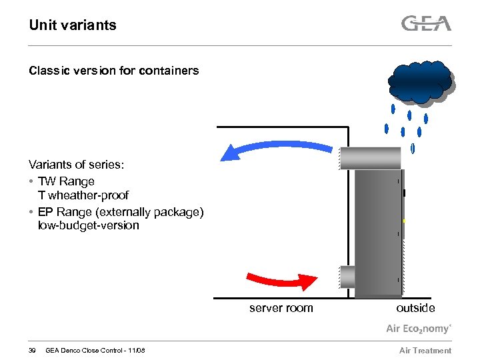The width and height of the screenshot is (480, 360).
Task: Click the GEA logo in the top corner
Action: [426, 24]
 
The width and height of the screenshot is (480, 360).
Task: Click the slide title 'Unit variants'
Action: [73, 25]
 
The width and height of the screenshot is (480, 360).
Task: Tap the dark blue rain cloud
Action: [420, 82]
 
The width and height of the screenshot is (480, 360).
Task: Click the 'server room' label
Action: [281, 308]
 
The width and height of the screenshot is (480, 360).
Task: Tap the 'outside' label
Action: [415, 308]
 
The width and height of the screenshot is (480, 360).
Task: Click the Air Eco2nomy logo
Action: [419, 329]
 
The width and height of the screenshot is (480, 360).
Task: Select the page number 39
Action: [33, 351]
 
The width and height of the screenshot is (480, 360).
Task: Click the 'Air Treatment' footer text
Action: [425, 351]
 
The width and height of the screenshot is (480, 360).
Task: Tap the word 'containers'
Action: [171, 71]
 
